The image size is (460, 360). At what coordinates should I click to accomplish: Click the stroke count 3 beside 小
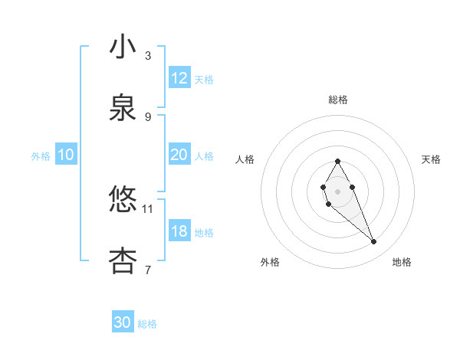[148, 56]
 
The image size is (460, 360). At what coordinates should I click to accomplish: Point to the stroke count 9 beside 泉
[148, 117]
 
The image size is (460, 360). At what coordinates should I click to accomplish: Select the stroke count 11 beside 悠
[148, 208]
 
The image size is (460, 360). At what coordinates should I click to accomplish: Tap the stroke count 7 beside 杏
[148, 270]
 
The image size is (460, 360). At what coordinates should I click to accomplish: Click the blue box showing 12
[179, 78]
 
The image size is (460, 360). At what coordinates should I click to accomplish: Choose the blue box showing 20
[179, 155]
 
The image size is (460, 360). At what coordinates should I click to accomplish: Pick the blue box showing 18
[179, 231]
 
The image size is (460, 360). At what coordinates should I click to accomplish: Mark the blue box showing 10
[66, 155]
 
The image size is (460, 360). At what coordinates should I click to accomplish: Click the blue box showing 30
[123, 322]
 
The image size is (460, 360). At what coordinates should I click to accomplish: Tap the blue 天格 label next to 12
[204, 80]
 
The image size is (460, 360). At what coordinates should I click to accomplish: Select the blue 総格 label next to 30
[147, 324]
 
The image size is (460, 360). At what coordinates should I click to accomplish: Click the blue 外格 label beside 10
[41, 156]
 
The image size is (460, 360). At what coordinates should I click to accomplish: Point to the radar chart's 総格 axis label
[337, 100]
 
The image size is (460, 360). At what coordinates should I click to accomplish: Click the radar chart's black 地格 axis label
[402, 262]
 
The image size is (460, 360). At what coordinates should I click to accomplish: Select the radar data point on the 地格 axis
[374, 242]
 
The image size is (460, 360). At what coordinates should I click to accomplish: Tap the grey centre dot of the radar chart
[337, 190]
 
